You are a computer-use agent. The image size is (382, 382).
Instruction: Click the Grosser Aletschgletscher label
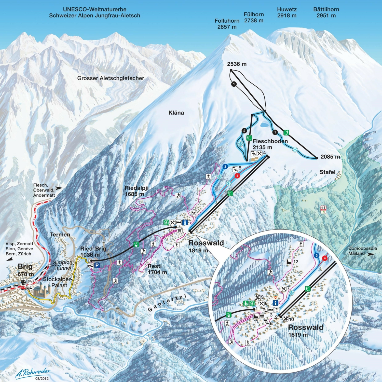point(111,78)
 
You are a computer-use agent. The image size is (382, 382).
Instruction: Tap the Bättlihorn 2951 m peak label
point(326,12)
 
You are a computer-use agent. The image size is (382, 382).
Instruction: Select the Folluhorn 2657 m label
point(227,24)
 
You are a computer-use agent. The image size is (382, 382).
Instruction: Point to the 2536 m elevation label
point(237,64)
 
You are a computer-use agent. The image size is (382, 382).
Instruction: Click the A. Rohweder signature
point(33,373)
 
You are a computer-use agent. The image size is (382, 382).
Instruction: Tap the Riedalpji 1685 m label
point(137,191)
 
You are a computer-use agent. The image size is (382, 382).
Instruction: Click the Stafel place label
point(328,172)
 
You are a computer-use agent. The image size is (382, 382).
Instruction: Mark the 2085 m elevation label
point(330,157)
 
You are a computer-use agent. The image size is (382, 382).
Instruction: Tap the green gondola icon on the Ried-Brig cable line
point(137,245)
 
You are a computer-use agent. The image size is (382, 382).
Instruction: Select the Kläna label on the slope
point(176,113)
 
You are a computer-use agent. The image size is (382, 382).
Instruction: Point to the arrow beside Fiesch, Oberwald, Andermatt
point(59,188)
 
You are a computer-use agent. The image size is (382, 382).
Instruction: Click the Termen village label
point(60,235)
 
